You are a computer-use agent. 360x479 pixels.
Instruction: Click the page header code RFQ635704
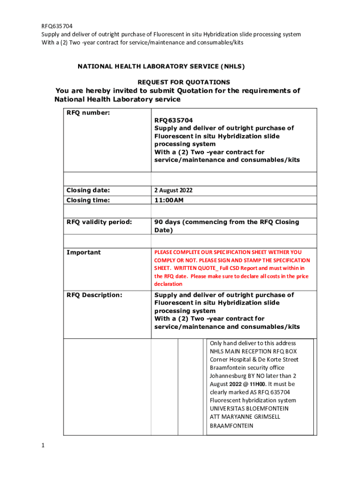click(x=57, y=26)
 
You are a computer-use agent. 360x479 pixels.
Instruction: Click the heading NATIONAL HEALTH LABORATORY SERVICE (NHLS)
click(x=161, y=66)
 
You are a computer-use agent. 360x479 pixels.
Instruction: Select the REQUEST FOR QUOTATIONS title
click(x=184, y=82)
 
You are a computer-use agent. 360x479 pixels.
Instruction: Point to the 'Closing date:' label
click(x=88, y=190)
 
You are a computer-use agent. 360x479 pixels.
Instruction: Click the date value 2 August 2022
click(x=173, y=190)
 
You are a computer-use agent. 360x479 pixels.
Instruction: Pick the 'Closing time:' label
click(x=88, y=200)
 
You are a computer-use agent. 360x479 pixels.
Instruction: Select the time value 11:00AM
click(x=169, y=200)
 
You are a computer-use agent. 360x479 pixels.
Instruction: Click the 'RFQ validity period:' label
click(x=99, y=222)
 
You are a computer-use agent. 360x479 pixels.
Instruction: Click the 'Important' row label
click(x=84, y=253)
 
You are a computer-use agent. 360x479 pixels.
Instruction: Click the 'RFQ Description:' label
click(x=94, y=295)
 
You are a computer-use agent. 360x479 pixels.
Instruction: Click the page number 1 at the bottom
click(x=43, y=446)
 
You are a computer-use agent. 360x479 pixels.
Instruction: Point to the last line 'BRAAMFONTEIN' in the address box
click(x=231, y=426)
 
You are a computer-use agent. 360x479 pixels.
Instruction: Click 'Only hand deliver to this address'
click(x=253, y=343)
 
